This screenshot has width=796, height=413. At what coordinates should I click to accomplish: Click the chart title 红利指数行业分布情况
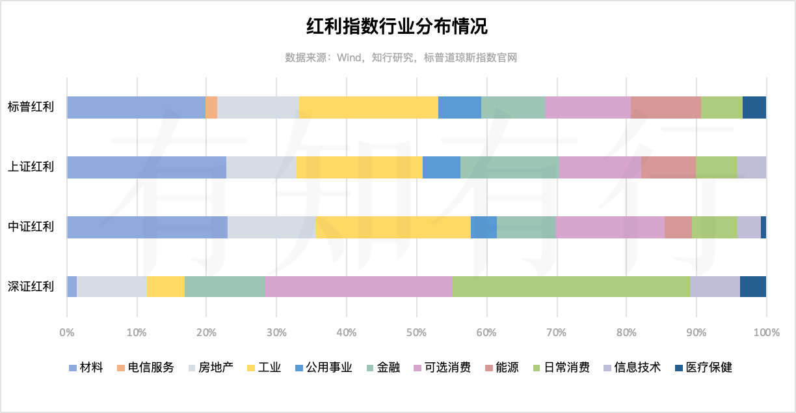coord(397,27)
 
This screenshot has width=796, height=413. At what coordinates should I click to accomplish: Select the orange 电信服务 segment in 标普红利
coord(211,107)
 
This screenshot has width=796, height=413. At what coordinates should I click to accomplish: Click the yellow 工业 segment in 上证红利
coord(360,167)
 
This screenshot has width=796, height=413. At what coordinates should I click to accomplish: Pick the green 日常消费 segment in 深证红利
coord(571,287)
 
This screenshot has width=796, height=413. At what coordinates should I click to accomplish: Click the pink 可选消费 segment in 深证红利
coord(358,287)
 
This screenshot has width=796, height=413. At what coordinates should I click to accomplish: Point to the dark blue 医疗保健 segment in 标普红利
coord(754,107)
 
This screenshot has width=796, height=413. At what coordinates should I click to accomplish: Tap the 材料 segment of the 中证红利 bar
coord(147,227)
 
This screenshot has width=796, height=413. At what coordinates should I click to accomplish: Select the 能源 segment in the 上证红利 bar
coord(668,167)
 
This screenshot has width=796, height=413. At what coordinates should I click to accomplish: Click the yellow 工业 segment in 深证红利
coord(166,287)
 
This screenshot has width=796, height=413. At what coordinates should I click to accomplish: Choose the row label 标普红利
coord(31,107)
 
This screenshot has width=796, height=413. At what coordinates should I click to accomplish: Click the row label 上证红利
coord(31,167)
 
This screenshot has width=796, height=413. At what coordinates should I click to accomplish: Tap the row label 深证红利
coord(31,287)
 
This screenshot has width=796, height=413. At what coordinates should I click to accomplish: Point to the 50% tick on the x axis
coord(416,333)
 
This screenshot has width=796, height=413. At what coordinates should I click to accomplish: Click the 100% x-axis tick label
coord(765,333)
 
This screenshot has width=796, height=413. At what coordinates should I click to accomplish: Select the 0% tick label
coord(67,333)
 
